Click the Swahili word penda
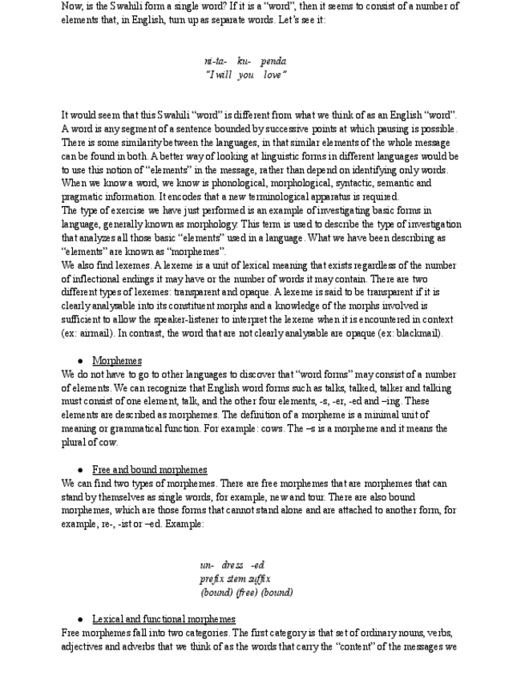tap(273, 61)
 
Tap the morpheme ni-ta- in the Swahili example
tap(216, 61)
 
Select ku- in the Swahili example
tap(244, 61)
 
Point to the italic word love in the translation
tap(274, 75)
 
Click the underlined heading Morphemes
tap(117, 361)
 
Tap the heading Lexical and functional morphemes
tap(164, 619)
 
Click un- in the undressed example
tap(207, 565)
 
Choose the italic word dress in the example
tap(232, 565)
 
